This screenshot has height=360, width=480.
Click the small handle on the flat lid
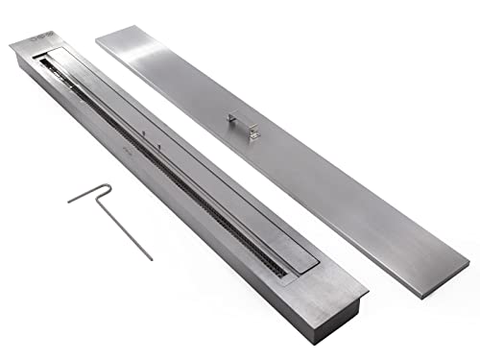pyautogui.click(x=242, y=125)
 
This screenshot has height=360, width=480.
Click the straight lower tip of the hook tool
pyautogui.click(x=149, y=256)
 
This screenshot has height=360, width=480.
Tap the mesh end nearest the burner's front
pyautogui.click(x=273, y=270)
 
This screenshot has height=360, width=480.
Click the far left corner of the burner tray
pyautogui.click(x=13, y=44)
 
